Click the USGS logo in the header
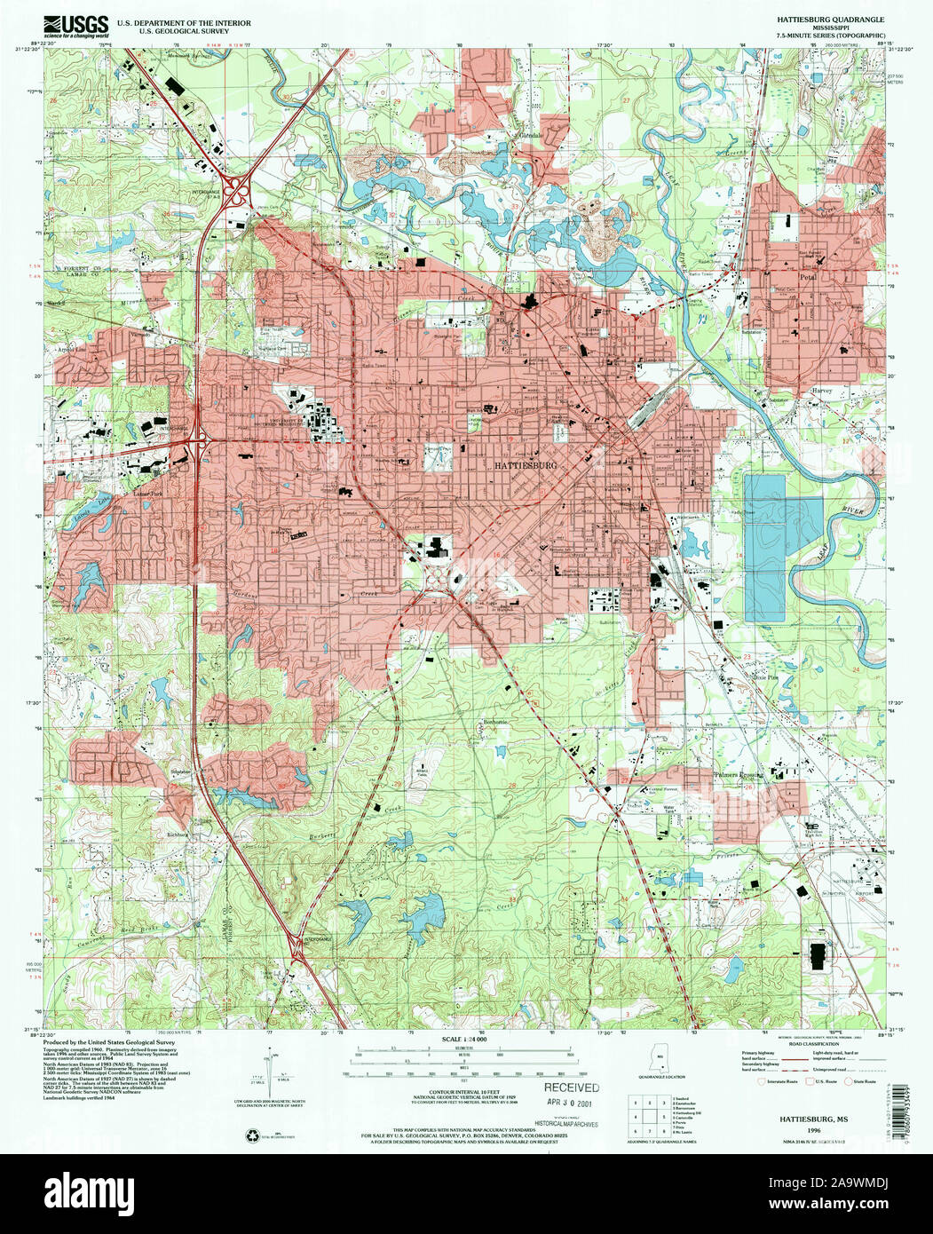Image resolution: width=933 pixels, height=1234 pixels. coord(80,24)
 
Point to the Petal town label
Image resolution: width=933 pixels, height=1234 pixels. coord(806,276)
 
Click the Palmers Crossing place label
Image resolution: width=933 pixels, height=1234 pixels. coord(739,775)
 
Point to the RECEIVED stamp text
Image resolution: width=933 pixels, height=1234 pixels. coord(572,1088)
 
